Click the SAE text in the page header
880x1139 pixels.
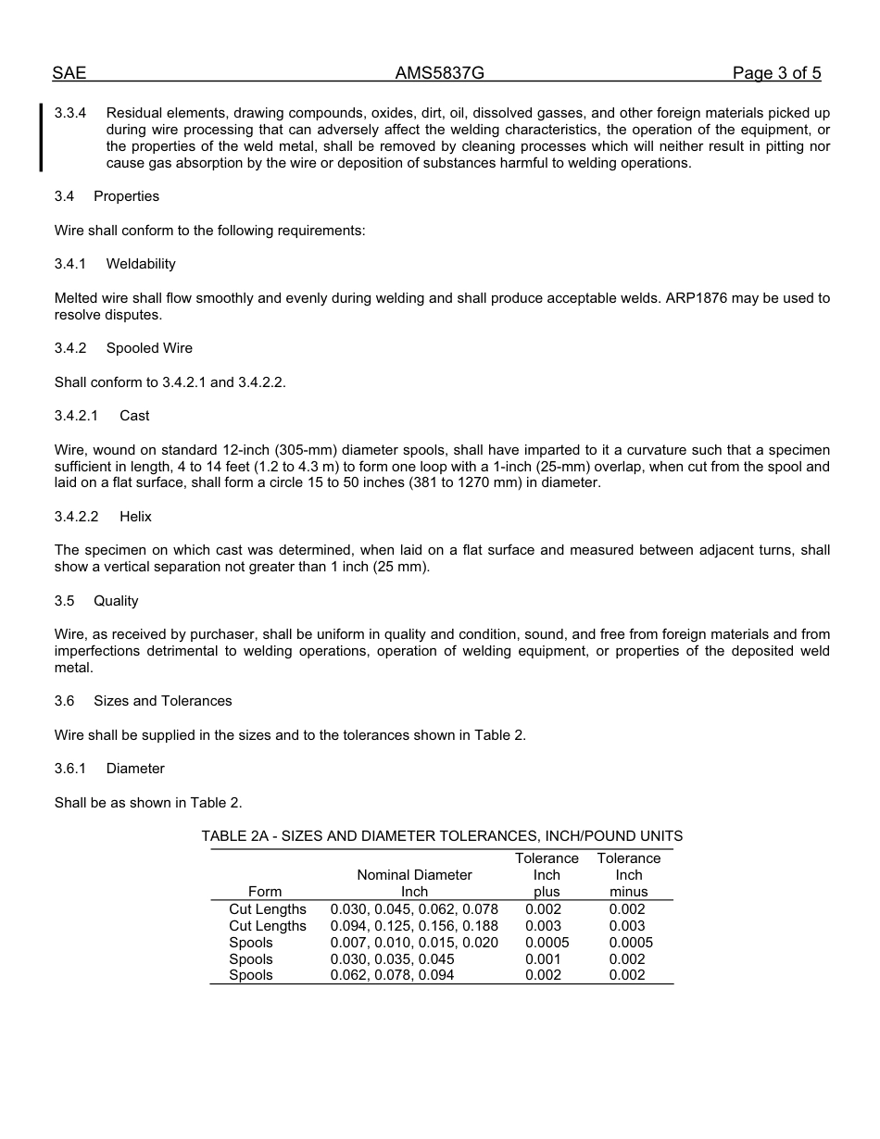[69, 73]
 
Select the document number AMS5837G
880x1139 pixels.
[440, 73]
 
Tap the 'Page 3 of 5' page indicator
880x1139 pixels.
[776, 73]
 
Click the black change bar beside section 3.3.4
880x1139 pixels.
[41, 137]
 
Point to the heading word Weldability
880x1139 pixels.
[141, 264]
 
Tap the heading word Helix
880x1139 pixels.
[135, 517]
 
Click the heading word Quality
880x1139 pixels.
[116, 601]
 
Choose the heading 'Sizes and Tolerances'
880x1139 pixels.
[163, 701]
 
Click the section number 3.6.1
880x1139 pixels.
[70, 769]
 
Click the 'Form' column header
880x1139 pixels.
[265, 892]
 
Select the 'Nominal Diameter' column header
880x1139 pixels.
[414, 875]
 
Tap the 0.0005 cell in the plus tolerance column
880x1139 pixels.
[547, 943]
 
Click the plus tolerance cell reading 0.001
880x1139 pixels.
[543, 959]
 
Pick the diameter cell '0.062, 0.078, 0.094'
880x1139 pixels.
[393, 975]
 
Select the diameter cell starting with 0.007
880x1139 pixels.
[414, 943]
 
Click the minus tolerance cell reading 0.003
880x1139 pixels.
[627, 926]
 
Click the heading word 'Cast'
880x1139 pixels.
[134, 416]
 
